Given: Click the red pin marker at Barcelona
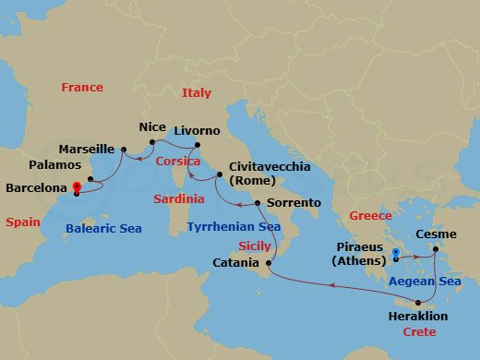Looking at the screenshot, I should [x=76, y=187].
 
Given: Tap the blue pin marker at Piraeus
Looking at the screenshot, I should [x=395, y=254].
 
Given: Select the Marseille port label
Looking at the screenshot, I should [x=85, y=149].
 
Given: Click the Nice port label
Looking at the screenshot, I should [x=151, y=126].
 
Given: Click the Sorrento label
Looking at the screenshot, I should [x=293, y=202].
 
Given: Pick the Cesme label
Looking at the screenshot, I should [x=436, y=235].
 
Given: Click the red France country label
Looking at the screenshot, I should [x=82, y=88].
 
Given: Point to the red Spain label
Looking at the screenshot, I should [x=22, y=222].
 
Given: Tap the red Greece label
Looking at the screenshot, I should [x=369, y=215].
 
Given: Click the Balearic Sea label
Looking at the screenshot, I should [x=103, y=228].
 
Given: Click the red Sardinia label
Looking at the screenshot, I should [x=178, y=198].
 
